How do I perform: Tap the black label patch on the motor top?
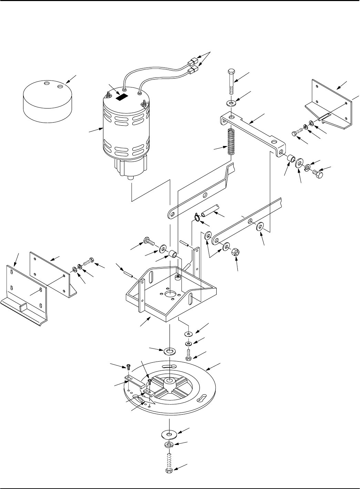(122, 97)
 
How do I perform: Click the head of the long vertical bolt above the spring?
(231, 72)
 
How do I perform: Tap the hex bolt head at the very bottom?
(169, 471)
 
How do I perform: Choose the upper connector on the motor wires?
(193, 63)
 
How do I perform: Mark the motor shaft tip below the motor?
(130, 178)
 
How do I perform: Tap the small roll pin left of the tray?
(129, 273)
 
